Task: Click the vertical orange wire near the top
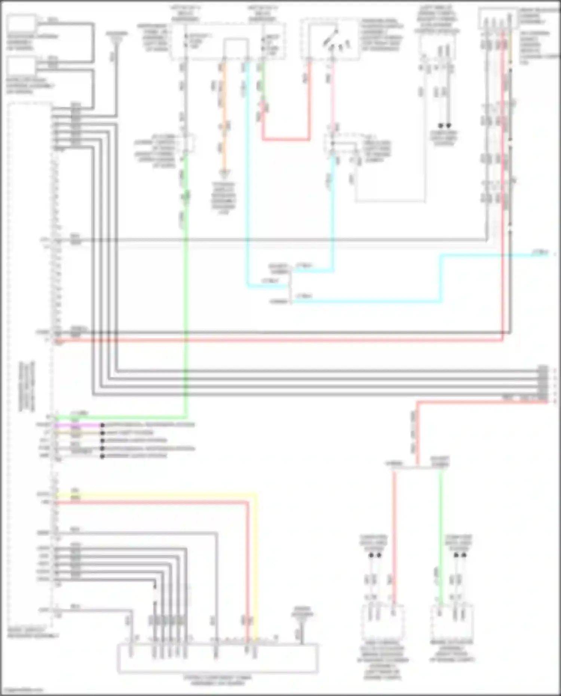click(224, 112)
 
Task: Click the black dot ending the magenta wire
click(102, 425)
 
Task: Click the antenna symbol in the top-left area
click(117, 37)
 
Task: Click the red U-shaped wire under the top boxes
click(286, 139)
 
